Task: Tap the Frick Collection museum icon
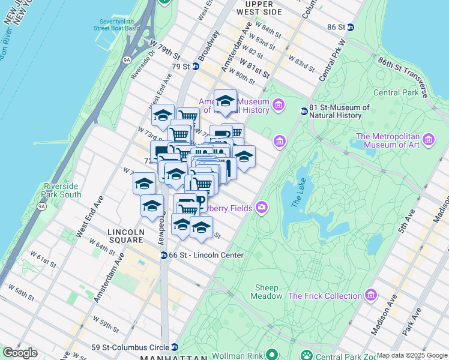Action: pyautogui.click(x=371, y=295)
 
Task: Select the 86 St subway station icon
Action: pyautogui.click(x=351, y=27)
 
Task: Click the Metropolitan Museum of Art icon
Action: pyautogui.click(x=429, y=140)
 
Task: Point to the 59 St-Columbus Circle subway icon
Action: pyautogui.click(x=174, y=347)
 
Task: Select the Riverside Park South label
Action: pyautogui.click(x=62, y=190)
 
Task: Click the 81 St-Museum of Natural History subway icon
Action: pyautogui.click(x=304, y=111)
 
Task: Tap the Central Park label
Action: pyautogui.click(x=395, y=92)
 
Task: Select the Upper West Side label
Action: pyautogui.click(x=259, y=8)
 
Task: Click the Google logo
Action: pyautogui.click(x=20, y=353)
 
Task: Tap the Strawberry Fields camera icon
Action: pyautogui.click(x=261, y=208)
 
